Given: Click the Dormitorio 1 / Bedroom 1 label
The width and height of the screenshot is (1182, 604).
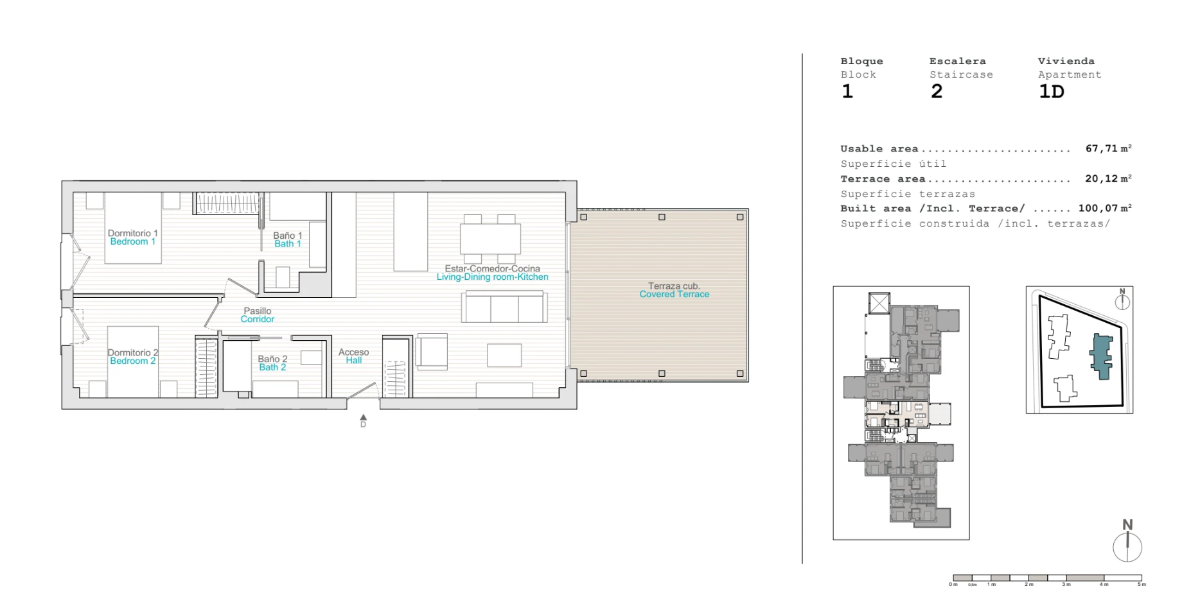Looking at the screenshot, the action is pos(132,237).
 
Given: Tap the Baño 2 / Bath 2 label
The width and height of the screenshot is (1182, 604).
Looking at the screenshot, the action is pos(272,363).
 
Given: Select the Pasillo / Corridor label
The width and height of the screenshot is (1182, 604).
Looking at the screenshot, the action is pos(258,315).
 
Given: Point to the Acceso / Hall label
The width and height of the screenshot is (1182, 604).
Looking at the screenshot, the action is pos(353,356).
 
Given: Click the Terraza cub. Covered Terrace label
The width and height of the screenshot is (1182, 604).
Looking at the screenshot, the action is pos(675,290).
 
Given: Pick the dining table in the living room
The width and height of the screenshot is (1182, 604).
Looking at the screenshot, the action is pos(491,239).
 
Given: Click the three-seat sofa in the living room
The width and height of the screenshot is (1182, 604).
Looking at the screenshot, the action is pos(504,307).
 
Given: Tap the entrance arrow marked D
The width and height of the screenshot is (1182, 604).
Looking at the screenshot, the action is pos(364,420).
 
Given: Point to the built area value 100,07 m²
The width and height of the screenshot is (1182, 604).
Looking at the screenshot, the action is pos(1105,208).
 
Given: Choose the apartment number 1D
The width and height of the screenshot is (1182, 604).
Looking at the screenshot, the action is pos(1052,92).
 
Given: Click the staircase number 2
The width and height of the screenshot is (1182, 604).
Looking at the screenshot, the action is pos(937,92).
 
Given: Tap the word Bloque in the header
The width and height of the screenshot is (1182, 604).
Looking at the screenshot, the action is pos(862,62).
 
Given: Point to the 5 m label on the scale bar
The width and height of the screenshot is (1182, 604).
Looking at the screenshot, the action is pos(1142,585).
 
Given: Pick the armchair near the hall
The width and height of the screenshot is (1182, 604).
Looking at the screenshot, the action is pos(432,352).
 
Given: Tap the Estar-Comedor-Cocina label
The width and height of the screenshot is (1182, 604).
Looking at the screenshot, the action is pos(493,268).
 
